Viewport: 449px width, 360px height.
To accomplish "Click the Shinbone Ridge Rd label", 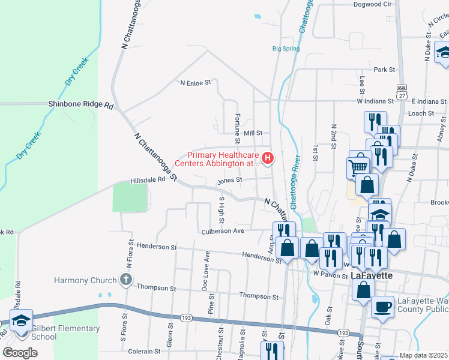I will coord(81,104).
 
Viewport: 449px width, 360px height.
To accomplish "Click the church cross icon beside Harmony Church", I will coord(125,279).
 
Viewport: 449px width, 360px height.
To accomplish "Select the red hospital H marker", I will coord(268,158).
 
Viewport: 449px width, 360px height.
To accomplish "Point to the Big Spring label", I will coord(286,49).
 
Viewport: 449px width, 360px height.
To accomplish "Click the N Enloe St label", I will coord(196,83).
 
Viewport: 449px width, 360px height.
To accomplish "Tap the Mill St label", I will coord(253,133).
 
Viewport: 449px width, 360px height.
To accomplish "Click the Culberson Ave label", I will coord(223,231).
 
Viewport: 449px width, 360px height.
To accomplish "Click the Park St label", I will coord(384,70).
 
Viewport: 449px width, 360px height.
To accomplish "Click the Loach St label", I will coord(421,113).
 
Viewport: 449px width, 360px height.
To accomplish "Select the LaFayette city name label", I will coord(372,275).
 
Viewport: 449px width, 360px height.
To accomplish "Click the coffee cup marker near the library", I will coord(383,307).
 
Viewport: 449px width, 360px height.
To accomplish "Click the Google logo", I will coord(20,353).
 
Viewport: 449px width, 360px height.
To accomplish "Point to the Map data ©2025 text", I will coord(423,356).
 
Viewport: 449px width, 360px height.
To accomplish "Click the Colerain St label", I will coord(144,352).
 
